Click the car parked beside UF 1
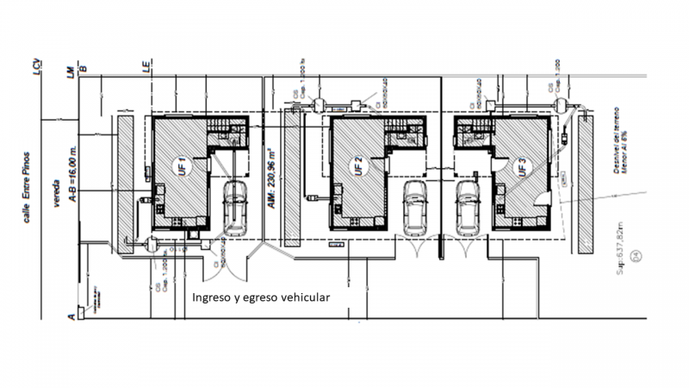tap(235, 207)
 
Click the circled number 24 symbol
tap(636, 254)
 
